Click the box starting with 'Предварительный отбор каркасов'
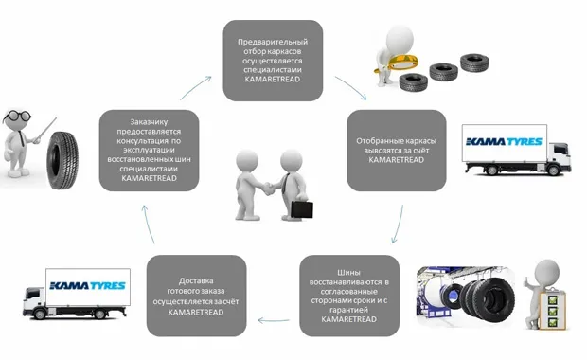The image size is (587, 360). tap(273, 61)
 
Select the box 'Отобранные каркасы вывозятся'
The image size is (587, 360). tap(397, 151)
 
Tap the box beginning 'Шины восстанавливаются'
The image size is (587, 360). tap(349, 296)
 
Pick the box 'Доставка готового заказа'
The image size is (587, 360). tap(196, 296)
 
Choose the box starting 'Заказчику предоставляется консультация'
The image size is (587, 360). tap(149, 151)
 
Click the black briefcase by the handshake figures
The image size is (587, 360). tap(302, 210)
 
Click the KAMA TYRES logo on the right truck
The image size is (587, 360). tap(504, 141)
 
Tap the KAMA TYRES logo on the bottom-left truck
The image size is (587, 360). tap(88, 285)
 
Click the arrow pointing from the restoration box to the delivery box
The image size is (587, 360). tap(274, 320)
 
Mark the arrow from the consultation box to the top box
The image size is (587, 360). tap(195, 87)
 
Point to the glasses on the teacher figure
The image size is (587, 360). tap(17, 116)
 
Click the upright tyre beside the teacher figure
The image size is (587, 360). tap(62, 159)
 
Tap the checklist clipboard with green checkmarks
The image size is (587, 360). tap(553, 310)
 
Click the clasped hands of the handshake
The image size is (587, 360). tap(268, 189)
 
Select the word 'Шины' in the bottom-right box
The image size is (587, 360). tap(349, 272)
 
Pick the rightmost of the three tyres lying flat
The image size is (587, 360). tap(474, 63)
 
